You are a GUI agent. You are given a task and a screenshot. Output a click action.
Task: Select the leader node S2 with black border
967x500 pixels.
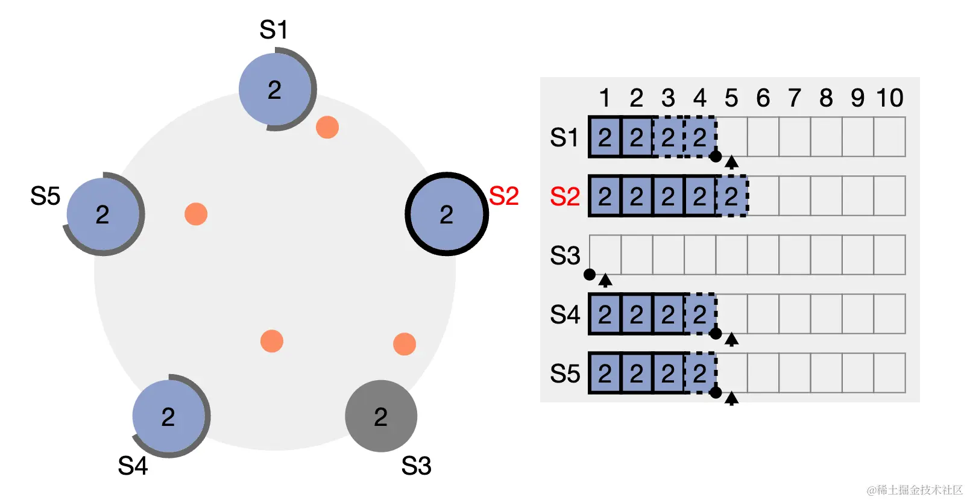[x=446, y=214]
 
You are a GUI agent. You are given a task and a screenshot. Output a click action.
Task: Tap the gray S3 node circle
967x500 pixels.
[x=380, y=416]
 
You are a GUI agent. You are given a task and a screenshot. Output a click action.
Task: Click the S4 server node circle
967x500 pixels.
[x=169, y=416]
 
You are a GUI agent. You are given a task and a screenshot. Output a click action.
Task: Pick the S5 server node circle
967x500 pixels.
[x=103, y=214]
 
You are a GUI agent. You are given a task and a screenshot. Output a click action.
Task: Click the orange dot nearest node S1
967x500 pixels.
[x=327, y=127]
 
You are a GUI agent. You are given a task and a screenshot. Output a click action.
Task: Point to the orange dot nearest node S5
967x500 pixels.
[x=196, y=214]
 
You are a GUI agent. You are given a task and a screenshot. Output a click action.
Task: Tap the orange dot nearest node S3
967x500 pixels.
[x=404, y=344]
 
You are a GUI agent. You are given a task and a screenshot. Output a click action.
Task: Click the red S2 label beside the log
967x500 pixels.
[x=564, y=196]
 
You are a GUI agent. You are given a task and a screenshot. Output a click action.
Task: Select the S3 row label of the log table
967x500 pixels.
[x=564, y=255]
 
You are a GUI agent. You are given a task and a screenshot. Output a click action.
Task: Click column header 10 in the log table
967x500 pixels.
[x=889, y=98]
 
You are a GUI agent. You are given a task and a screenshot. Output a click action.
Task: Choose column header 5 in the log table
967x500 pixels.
[x=731, y=98]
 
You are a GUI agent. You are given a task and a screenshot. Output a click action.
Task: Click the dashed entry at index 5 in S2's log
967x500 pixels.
[x=731, y=196]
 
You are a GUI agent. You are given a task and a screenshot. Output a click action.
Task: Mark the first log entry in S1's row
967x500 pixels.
[x=605, y=137]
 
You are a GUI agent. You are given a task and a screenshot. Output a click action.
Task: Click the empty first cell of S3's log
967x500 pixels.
[x=605, y=255]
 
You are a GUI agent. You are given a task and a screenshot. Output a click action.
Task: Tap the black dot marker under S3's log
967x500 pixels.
[x=590, y=275]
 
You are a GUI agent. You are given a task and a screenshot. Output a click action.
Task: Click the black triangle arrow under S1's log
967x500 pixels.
[x=731, y=161]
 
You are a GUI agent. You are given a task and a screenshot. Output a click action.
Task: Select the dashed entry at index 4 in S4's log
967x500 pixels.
[x=700, y=314]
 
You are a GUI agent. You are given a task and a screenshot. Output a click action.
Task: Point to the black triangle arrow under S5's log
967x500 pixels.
[x=731, y=398]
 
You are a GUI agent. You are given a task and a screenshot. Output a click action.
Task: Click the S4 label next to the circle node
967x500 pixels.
[x=133, y=466]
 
